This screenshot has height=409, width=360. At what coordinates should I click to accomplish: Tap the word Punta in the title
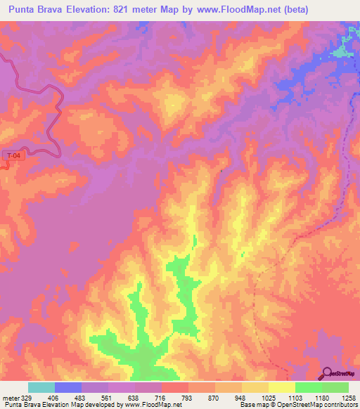(24, 9)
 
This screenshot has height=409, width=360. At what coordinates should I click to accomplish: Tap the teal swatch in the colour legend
(41, 388)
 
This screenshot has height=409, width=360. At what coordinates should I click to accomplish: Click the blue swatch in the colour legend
(68, 388)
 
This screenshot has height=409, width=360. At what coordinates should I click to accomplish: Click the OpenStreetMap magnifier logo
(327, 373)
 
